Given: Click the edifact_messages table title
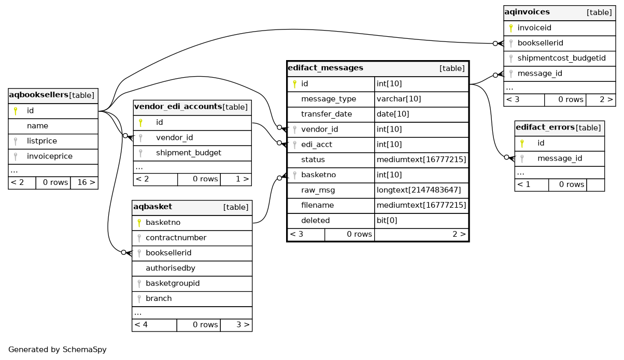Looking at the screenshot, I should pos(325,68).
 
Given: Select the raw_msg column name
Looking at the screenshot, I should pos(318,190).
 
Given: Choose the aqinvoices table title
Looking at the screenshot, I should pos(526,12).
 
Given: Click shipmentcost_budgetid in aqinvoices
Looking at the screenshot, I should pos(561,58).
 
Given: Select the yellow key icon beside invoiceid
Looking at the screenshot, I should pos(510,28).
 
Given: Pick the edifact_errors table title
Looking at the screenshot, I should pos(545,127).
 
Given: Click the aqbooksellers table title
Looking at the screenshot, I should pos(39,95).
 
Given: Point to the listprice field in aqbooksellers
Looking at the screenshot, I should pos(42,141).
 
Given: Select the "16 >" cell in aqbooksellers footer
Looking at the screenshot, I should pos(84,182).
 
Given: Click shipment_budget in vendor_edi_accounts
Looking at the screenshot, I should pos(189,153).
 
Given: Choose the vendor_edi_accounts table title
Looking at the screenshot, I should pos(178,107).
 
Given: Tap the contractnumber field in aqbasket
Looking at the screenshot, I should pos(176,238).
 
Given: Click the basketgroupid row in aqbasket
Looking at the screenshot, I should pos(173,283).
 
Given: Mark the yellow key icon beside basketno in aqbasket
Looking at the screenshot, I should pos(139,223).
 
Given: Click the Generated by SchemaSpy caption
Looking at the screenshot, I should pos(58,350).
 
